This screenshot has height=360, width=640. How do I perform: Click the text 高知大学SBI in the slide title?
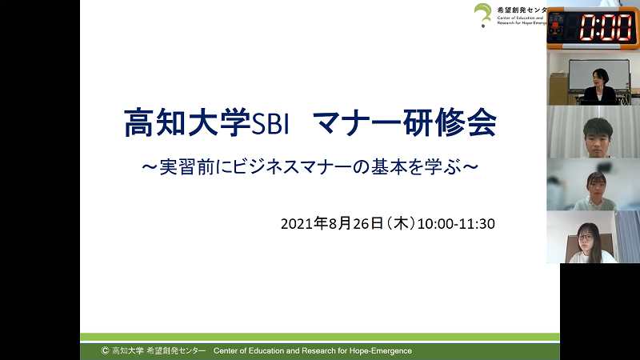[206, 122]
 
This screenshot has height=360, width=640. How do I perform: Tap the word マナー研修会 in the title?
[405, 122]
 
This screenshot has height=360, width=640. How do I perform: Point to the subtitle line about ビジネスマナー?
[310, 167]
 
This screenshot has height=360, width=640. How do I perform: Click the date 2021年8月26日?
[332, 224]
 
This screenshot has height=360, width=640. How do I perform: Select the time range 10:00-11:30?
[456, 224]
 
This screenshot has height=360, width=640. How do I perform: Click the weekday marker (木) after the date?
[400, 224]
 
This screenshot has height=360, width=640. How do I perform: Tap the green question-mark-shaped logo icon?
[483, 15]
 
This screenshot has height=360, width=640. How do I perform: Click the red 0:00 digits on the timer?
[606, 28]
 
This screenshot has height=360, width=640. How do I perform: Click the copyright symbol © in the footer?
[105, 350]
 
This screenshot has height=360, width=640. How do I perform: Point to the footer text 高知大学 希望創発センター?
[158, 350]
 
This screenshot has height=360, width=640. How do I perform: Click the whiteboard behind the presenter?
[598, 74]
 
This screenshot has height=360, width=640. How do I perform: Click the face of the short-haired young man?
[597, 138]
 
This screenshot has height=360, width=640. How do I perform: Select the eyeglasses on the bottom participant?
[585, 237]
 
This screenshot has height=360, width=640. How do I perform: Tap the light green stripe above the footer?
[319, 337]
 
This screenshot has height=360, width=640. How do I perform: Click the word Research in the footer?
[318, 351]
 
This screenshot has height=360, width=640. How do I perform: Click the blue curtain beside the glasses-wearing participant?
[627, 237]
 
